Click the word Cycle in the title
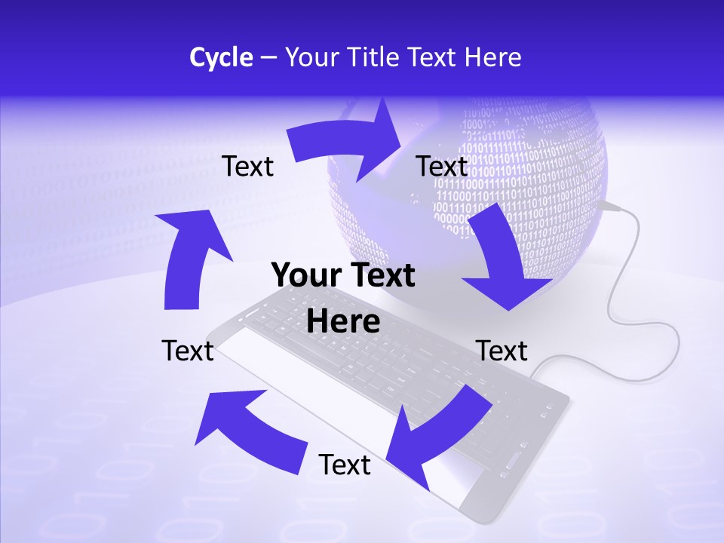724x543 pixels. click(x=221, y=57)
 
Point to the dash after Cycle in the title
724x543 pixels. click(x=268, y=58)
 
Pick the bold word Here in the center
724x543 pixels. click(x=343, y=321)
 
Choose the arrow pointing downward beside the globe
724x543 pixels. click(x=502, y=256)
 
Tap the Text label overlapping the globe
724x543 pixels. click(x=442, y=166)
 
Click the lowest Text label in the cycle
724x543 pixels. click(x=345, y=465)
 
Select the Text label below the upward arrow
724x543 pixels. click(x=188, y=351)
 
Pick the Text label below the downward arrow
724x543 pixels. click(x=502, y=351)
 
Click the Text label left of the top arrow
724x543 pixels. click(x=247, y=166)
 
